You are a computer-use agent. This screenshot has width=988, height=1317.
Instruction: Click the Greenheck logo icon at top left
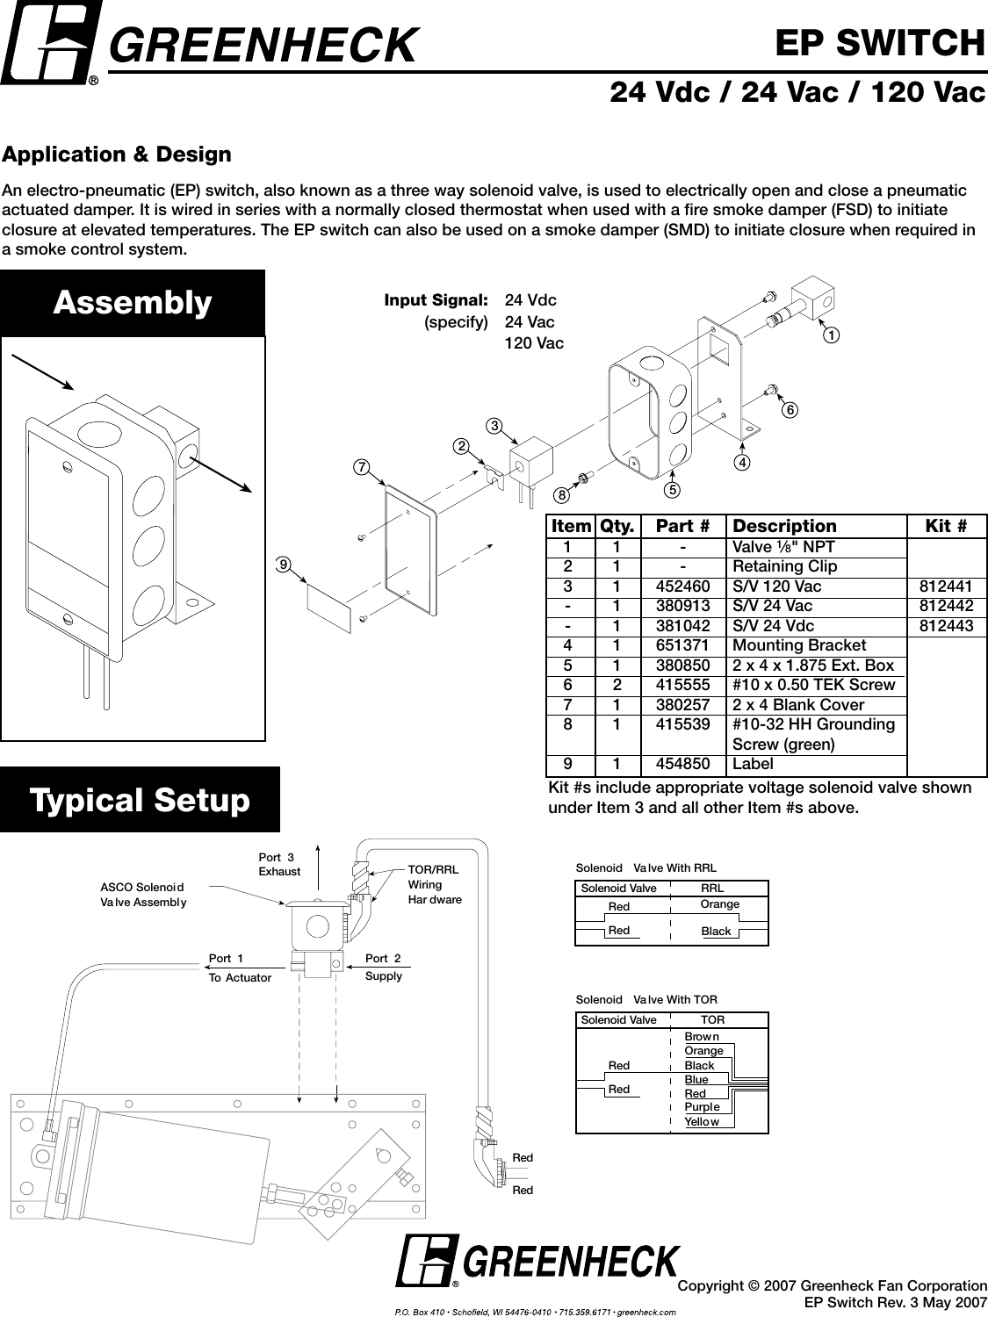click(50, 41)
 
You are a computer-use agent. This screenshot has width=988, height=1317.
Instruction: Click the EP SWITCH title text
click(879, 41)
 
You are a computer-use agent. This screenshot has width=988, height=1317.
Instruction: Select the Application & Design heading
click(117, 155)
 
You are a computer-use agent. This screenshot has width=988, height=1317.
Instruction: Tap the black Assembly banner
click(133, 302)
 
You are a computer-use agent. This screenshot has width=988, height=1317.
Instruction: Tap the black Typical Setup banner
click(140, 800)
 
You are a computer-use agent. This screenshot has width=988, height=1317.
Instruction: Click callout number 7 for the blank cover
click(361, 467)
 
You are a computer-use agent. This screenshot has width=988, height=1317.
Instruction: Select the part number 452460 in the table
click(683, 587)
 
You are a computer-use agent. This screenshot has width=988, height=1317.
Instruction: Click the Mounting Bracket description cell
click(798, 645)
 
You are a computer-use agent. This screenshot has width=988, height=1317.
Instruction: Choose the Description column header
click(784, 526)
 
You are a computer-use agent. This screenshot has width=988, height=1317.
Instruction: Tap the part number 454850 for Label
click(683, 764)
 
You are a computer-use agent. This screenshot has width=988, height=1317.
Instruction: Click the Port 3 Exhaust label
click(279, 864)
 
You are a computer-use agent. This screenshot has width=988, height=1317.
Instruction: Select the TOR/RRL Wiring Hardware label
click(435, 884)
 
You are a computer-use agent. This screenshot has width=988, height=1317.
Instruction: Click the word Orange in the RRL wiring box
click(720, 904)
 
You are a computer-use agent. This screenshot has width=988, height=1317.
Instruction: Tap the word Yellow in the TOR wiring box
click(702, 1121)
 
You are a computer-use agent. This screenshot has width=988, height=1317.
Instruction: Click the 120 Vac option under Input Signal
click(534, 343)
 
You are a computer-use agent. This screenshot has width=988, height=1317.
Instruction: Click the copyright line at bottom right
click(833, 1285)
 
